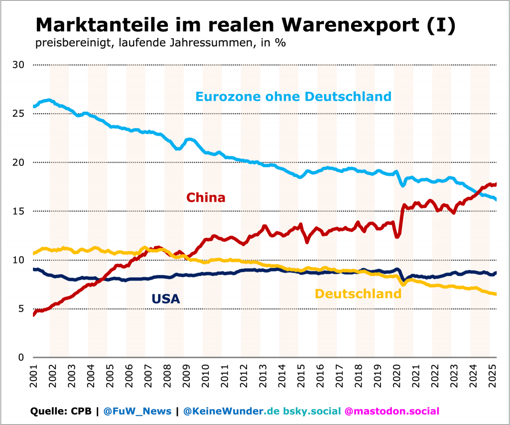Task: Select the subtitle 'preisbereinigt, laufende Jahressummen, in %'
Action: coord(160,43)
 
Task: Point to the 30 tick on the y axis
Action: coord(18,65)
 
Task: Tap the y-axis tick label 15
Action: coord(18,211)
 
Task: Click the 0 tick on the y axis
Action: coord(21,357)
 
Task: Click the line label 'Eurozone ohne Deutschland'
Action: coord(293,96)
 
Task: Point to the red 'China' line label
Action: coord(206,198)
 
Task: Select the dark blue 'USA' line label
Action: coord(165,299)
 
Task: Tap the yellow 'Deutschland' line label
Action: coord(358,294)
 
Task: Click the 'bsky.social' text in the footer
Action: coord(312,411)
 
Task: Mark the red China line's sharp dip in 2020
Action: coord(397,236)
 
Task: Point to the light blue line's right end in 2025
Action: coord(496,199)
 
